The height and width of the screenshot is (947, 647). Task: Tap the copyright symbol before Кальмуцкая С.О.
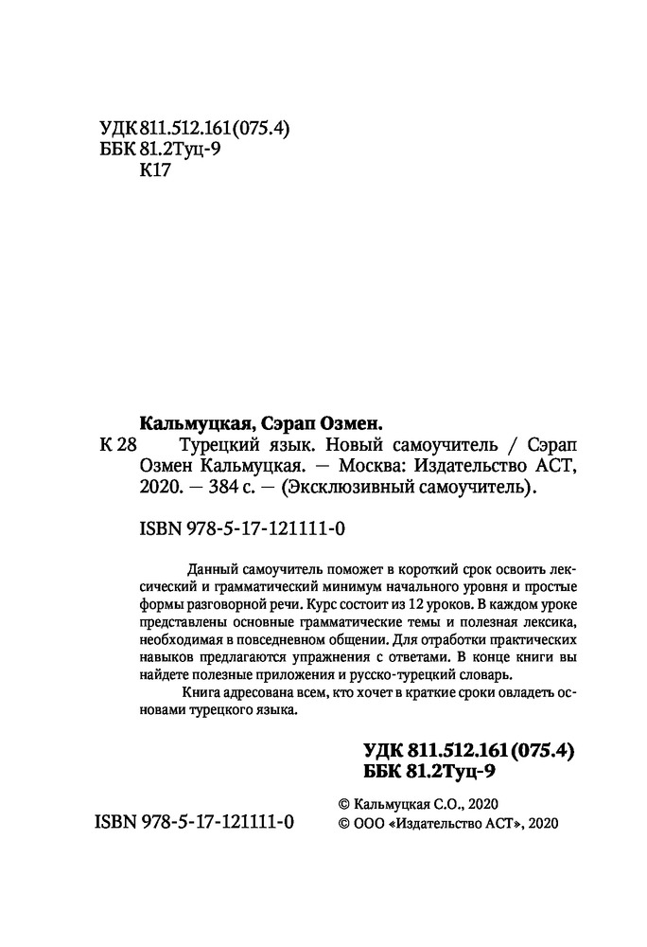coord(344,801)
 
